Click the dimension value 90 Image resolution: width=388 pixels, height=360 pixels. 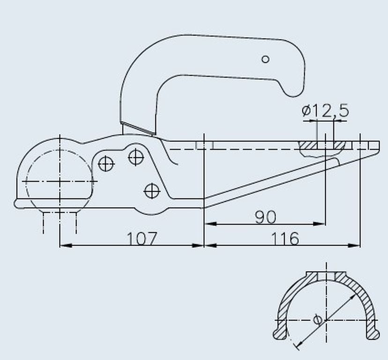266,217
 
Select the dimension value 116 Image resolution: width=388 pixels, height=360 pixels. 285,239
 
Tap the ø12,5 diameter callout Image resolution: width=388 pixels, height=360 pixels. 325,111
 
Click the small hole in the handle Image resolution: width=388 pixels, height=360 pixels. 266,60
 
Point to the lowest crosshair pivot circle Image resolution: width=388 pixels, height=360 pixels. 152,191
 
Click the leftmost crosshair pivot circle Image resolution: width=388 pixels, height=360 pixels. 106,164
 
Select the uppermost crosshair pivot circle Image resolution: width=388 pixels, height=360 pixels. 136,157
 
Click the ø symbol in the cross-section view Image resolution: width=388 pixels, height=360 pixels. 318,320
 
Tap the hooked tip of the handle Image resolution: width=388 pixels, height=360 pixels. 294,91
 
